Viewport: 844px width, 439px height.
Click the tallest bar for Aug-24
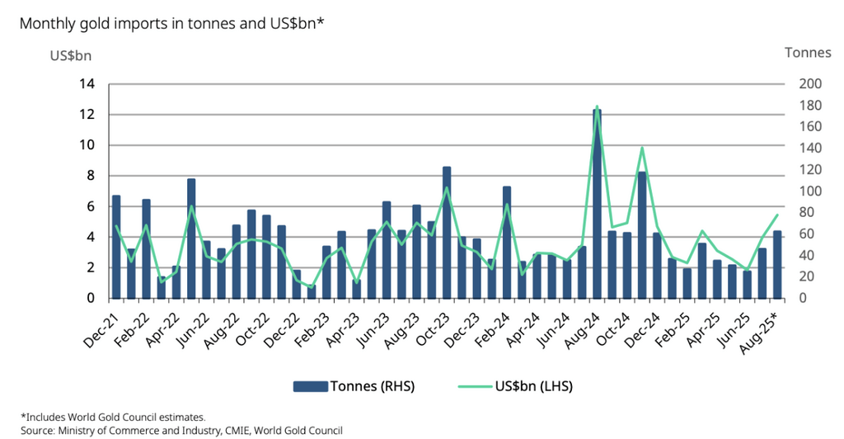pyautogui.click(x=596, y=203)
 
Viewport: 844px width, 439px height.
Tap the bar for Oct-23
pyautogui.click(x=447, y=232)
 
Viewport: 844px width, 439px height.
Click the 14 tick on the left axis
pyautogui.click(x=86, y=84)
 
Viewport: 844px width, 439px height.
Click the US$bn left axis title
pyautogui.click(x=71, y=56)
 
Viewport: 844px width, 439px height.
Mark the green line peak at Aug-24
pyautogui.click(x=596, y=107)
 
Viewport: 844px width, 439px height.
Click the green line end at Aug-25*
pyautogui.click(x=776, y=215)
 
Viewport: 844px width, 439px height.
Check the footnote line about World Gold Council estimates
pyautogui.click(x=113, y=417)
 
